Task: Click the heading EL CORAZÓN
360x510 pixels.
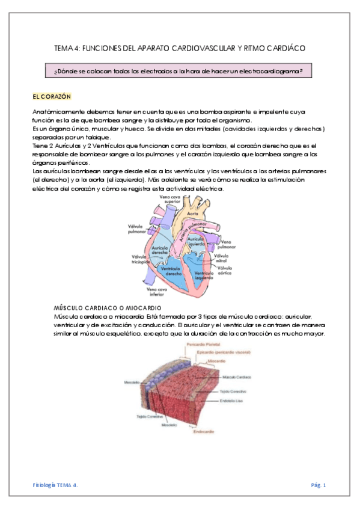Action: click(52, 96)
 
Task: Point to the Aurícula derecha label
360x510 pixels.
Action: click(159, 251)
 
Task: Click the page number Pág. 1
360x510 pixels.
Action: click(319, 485)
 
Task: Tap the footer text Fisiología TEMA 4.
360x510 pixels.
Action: click(55, 485)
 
